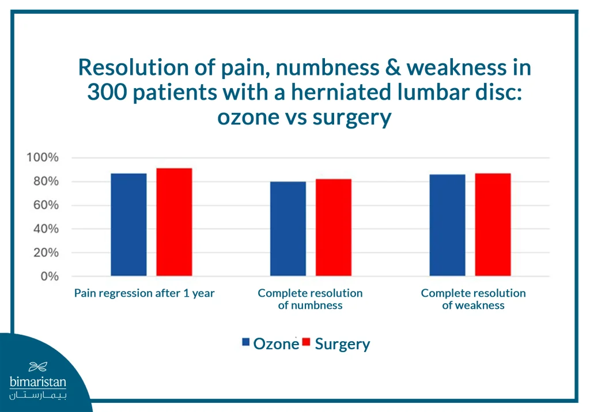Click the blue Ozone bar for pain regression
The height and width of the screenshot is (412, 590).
point(128,225)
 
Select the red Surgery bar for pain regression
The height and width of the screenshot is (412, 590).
point(174,222)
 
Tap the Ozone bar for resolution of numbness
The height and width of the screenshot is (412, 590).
point(288,229)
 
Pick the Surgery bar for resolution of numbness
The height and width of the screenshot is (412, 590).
point(334,227)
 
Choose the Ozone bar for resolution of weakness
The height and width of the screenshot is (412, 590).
point(447,225)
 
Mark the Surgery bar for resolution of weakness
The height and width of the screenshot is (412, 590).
point(493,225)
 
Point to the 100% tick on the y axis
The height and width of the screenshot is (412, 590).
point(42,158)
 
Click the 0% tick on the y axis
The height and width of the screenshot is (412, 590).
point(48,276)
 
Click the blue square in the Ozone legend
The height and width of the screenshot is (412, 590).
point(246,343)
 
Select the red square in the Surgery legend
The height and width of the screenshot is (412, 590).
point(307,343)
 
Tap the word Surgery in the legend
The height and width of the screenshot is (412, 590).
point(342,344)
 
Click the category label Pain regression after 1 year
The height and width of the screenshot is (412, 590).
point(144,293)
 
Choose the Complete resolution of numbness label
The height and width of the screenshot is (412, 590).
point(310,299)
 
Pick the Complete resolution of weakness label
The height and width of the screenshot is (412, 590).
point(473,299)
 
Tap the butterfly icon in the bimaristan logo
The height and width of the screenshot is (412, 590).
point(38,366)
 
